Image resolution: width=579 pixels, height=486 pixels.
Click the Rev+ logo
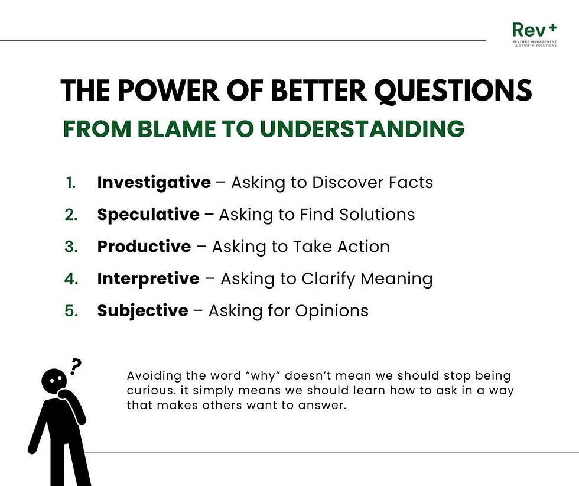(x=534, y=35)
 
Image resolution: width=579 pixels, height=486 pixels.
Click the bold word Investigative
(x=154, y=183)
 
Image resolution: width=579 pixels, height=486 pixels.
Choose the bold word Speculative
(x=148, y=215)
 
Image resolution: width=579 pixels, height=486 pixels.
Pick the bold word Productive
(x=144, y=247)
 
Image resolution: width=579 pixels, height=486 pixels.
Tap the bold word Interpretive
(x=148, y=278)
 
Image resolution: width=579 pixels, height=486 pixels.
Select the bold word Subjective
(x=142, y=310)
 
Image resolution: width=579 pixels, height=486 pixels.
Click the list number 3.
(x=71, y=247)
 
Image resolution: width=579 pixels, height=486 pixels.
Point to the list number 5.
(x=71, y=310)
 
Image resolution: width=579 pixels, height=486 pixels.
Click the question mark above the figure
(x=75, y=367)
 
